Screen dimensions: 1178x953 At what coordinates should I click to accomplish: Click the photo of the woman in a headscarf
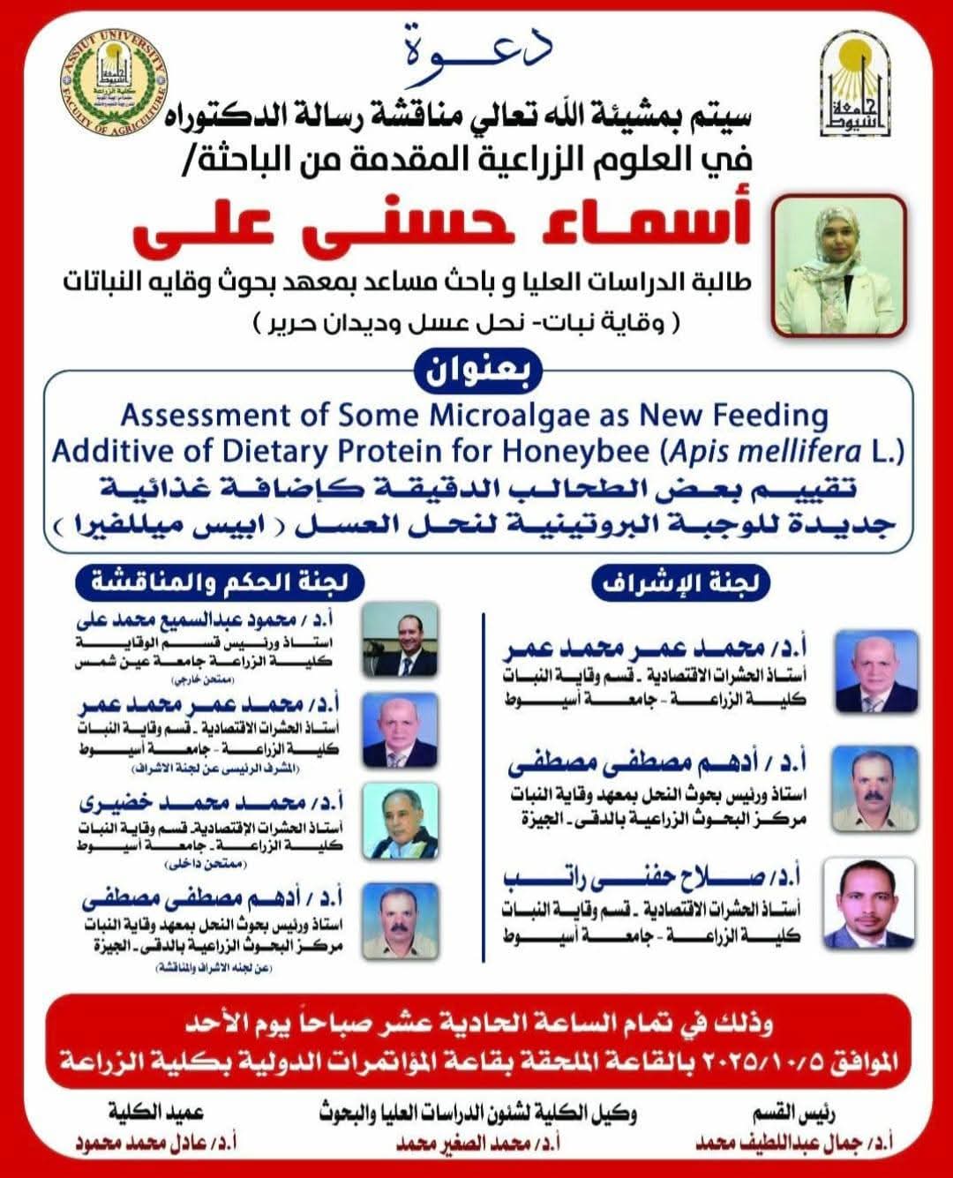pos(839,265)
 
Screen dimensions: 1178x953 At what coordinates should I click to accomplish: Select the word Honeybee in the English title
pos(582,452)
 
